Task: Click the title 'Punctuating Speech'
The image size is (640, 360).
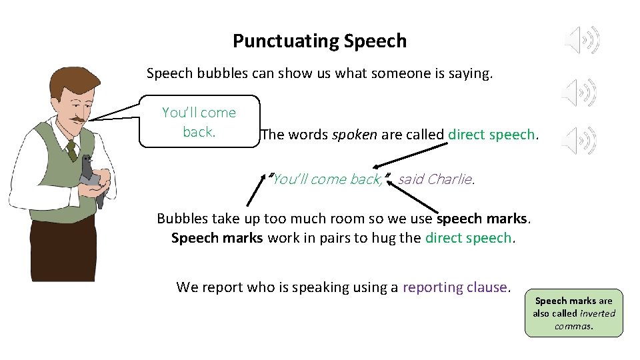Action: click(x=319, y=41)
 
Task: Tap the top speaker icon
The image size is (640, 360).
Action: click(x=582, y=41)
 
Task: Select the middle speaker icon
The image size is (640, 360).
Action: click(x=578, y=92)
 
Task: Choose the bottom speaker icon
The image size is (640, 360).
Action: click(x=578, y=140)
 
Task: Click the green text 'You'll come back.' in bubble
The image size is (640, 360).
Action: click(x=199, y=122)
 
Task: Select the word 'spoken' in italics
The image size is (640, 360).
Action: click(x=355, y=135)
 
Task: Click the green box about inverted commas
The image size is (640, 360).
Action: click(x=573, y=313)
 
